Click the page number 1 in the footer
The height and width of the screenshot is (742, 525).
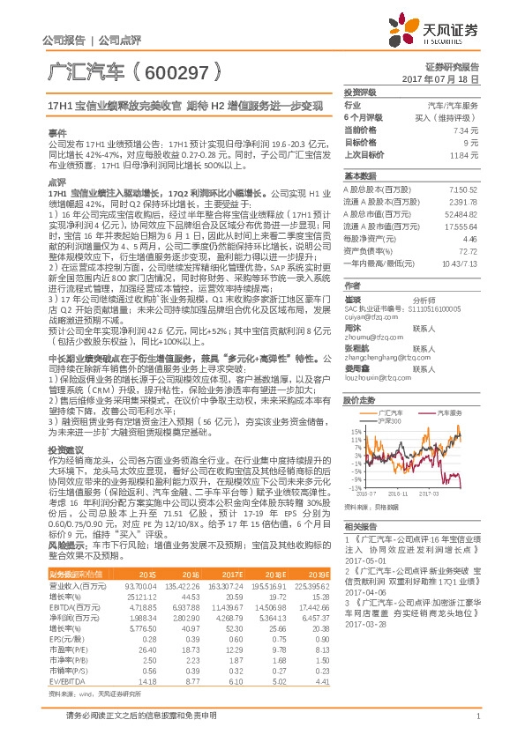tap(476, 715)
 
